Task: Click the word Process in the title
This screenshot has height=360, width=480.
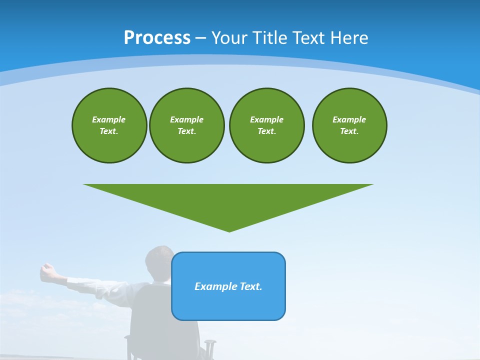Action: pyautogui.click(x=157, y=38)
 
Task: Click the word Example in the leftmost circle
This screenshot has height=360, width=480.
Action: pyautogui.click(x=109, y=119)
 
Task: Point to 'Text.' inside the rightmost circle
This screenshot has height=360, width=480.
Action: pyautogui.click(x=349, y=131)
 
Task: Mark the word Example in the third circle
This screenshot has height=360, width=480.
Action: pyautogui.click(x=266, y=119)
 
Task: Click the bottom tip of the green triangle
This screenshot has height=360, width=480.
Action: pyautogui.click(x=229, y=230)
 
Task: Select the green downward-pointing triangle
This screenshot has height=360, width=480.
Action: pyautogui.click(x=228, y=200)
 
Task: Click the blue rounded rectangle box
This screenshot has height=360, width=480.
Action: pyautogui.click(x=228, y=305)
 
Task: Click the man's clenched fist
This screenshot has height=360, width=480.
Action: pyautogui.click(x=47, y=270)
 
